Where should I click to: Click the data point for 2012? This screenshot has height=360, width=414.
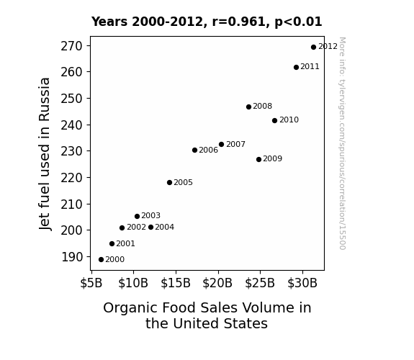point(313,48)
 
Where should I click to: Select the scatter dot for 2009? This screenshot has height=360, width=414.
point(258,160)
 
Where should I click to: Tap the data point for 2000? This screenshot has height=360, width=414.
point(101,260)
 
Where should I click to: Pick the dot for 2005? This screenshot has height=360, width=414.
point(169,182)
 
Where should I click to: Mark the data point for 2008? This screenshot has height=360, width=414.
point(248,107)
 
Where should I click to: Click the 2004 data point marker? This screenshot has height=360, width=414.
point(150,227)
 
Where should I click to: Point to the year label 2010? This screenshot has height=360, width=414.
point(289,120)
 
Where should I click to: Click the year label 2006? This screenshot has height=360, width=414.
point(208,150)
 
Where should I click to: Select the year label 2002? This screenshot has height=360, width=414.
point(136,227)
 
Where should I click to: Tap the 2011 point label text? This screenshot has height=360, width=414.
point(310,66)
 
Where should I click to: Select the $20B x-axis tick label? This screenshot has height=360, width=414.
point(217,283)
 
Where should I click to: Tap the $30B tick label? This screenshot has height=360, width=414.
point(302,283)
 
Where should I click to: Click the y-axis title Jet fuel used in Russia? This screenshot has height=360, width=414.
point(45,154)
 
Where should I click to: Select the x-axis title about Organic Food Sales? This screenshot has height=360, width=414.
point(207,315)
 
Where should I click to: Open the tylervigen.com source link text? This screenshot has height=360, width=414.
point(342,143)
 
